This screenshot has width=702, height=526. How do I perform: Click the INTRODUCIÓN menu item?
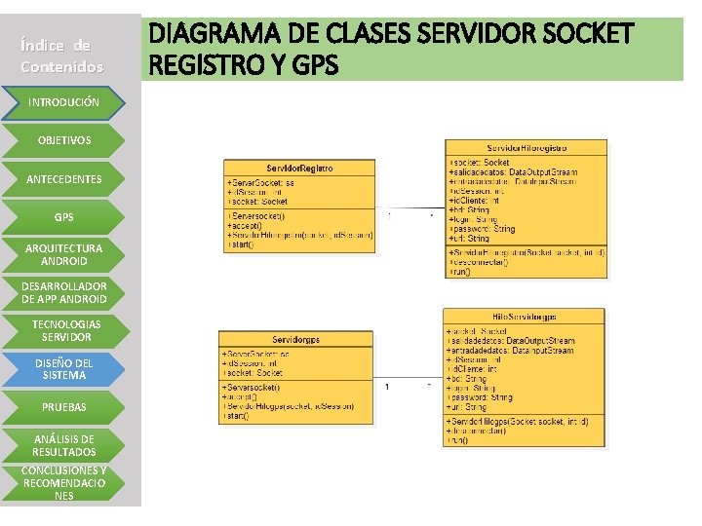63,101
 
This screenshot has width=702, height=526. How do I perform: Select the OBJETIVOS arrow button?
63,140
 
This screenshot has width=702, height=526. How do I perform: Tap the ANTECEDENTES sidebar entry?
63,179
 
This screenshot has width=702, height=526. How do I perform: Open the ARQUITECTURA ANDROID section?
63,255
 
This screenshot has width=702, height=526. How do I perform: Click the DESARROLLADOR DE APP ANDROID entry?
63,292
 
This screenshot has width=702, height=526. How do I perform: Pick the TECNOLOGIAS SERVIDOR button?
63,330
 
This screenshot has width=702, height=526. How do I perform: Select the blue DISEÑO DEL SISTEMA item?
63,368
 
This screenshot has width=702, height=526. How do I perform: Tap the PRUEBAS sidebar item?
63,406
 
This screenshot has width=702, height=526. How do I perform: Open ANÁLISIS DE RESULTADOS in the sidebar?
63,445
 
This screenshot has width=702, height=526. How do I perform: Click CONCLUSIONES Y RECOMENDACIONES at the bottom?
63,482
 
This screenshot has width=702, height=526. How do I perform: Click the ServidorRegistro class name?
299,169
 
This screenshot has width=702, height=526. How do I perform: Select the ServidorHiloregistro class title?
526,148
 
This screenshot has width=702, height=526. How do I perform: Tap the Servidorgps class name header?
295,338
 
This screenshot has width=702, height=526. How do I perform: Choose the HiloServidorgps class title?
524,318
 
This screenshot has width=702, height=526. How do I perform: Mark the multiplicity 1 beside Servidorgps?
388,388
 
